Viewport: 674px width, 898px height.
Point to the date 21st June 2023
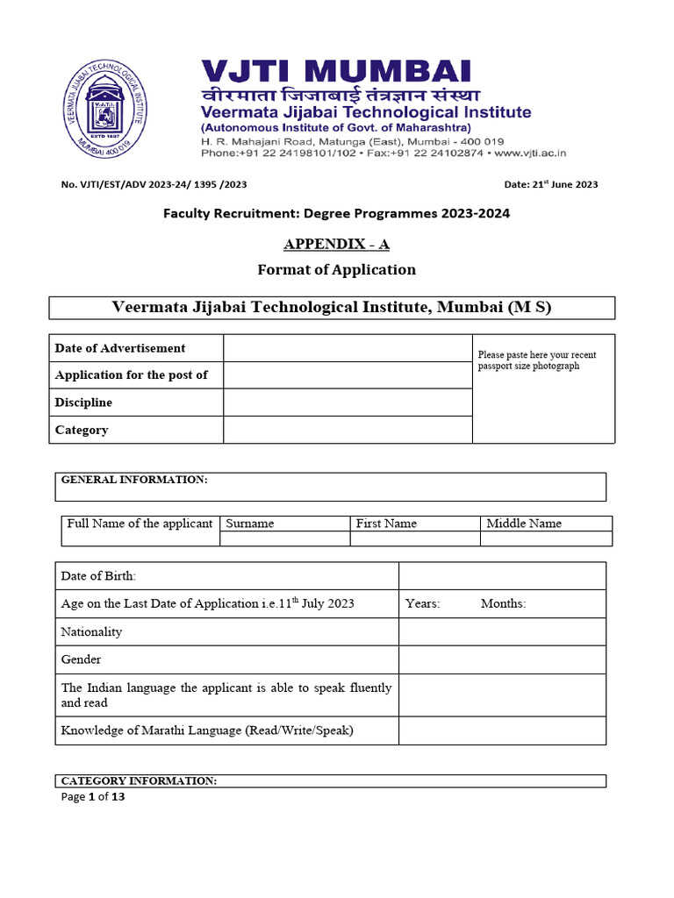pos(551,184)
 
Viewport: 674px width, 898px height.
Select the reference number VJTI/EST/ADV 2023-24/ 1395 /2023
pos(154,184)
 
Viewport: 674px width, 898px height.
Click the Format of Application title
pos(336,269)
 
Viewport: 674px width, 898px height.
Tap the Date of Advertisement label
pos(120,348)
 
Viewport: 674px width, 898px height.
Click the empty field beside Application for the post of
pos(348,375)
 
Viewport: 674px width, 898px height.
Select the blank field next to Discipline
pos(348,403)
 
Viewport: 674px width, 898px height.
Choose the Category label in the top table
pos(82,430)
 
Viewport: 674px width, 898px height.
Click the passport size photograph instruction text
pos(536,360)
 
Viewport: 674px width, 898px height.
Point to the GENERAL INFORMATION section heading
pos(134,480)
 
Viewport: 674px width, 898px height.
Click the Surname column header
pos(250,524)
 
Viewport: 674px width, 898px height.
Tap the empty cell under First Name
pos(415,539)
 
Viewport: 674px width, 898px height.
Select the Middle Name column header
pos(524,524)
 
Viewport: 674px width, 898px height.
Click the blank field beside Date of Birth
pos(502,576)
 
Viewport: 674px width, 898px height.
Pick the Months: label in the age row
pos(504,603)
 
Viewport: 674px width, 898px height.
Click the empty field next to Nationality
pos(502,631)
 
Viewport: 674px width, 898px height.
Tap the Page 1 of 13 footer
pos(93,797)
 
